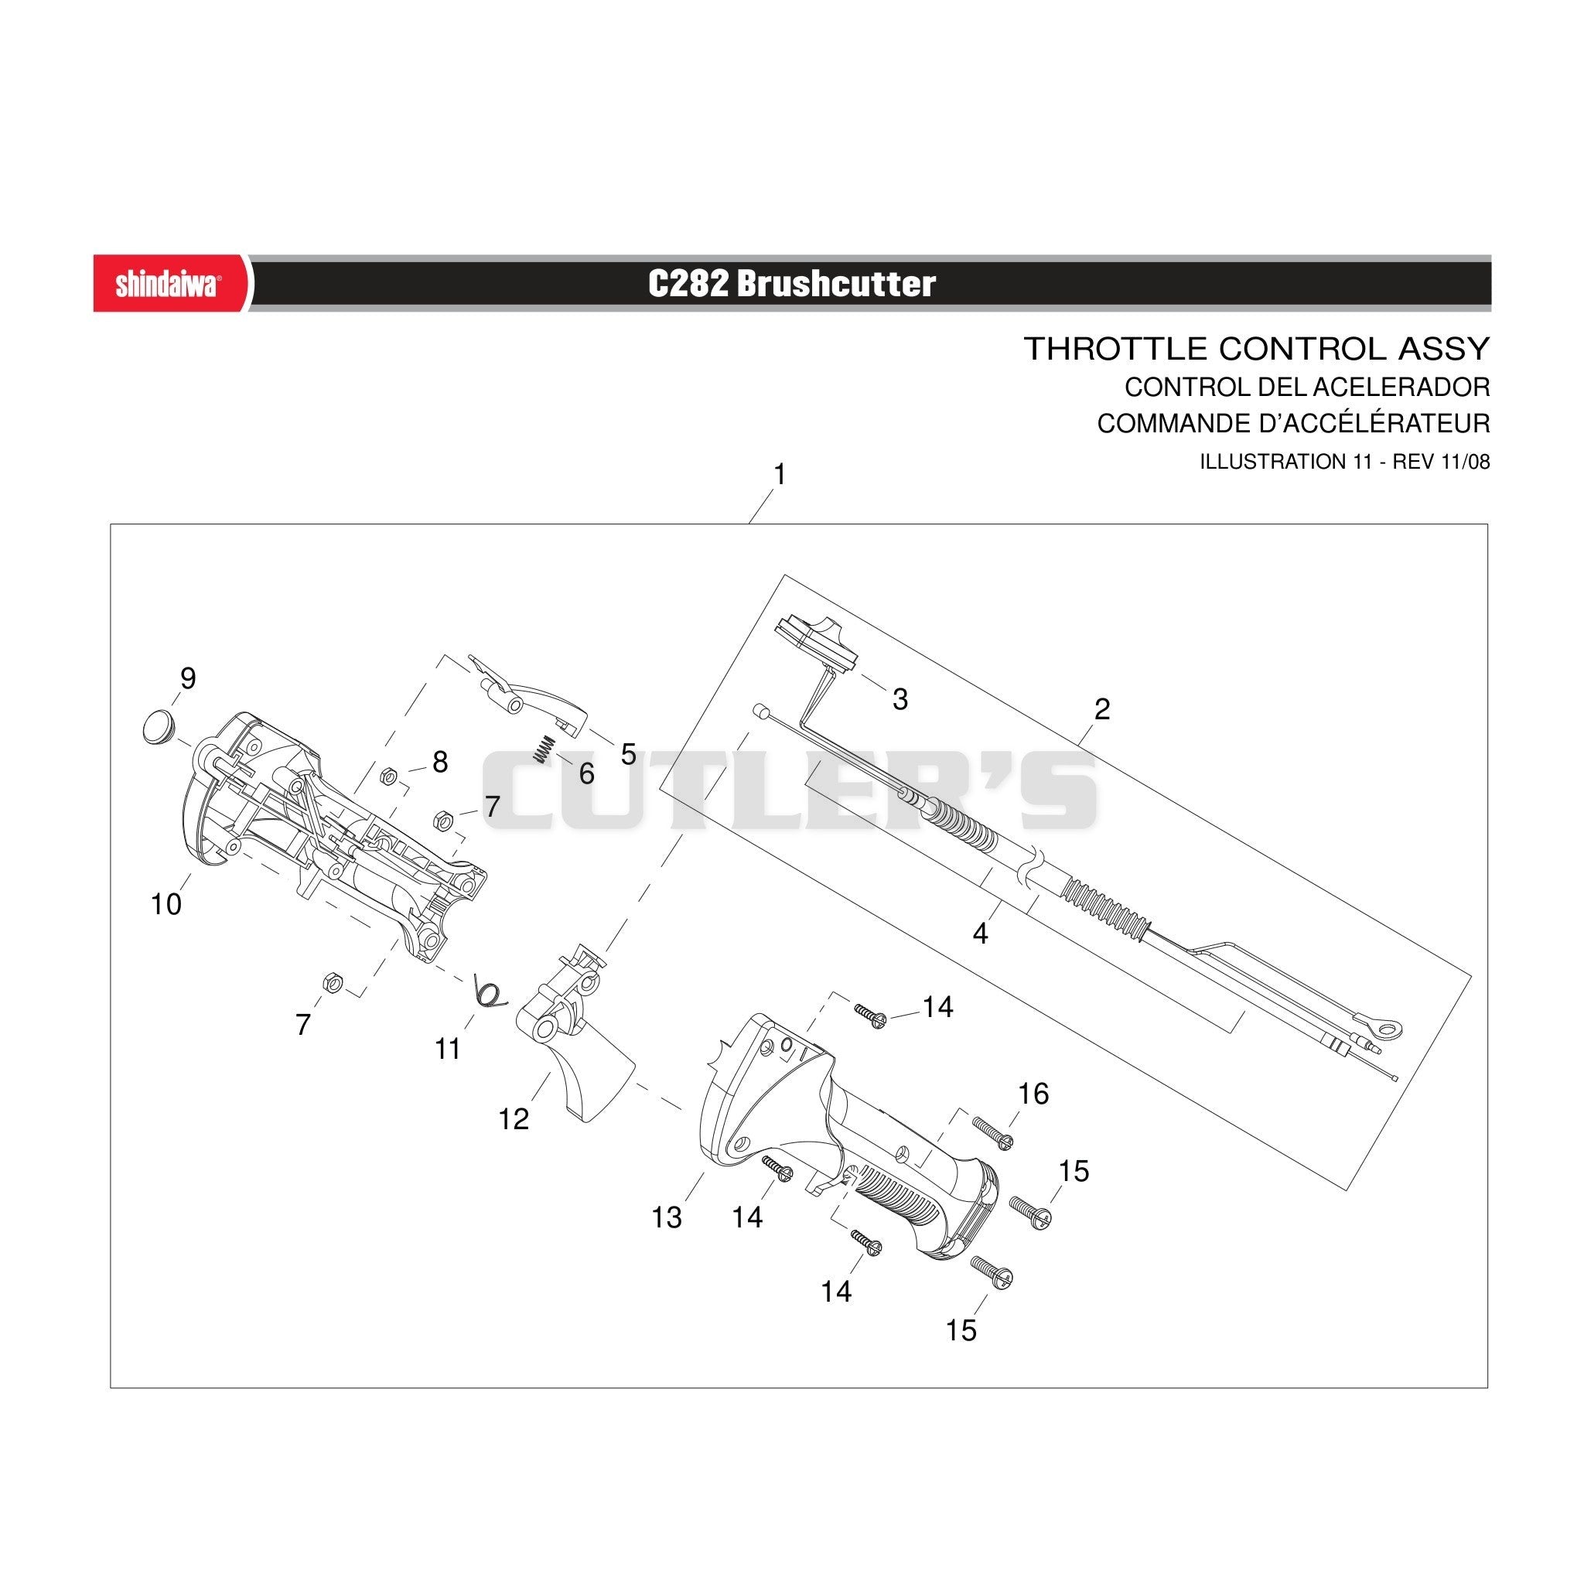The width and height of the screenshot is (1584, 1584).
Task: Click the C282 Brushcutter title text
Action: coord(791,284)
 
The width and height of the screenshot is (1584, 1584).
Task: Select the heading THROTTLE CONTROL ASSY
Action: coord(1257,349)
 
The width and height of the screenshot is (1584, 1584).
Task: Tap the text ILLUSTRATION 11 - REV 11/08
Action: coord(1344,462)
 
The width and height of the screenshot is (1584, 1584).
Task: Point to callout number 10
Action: coord(166,904)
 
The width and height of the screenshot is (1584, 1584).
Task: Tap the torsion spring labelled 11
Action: coord(491,992)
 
